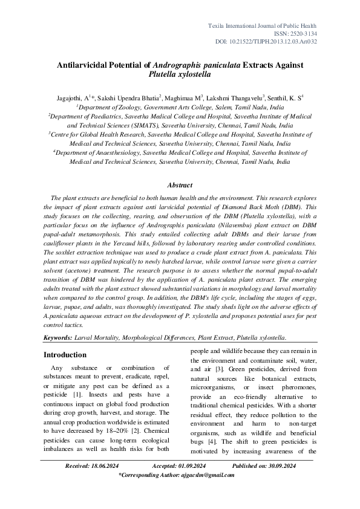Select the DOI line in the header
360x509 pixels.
click(x=266, y=42)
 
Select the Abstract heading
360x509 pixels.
click(x=180, y=185)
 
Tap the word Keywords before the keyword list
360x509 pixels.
click(x=61, y=339)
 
